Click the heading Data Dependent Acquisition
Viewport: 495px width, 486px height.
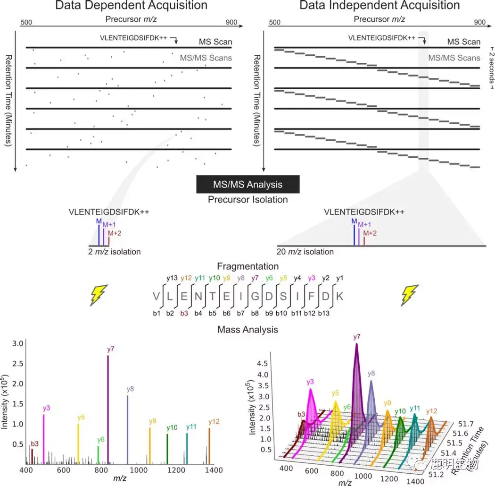coord(131,6)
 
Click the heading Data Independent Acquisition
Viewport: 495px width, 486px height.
coord(379,6)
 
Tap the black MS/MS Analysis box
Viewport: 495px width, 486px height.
coord(248,184)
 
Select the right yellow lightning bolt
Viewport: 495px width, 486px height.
coord(408,296)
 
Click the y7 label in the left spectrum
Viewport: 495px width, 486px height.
coord(111,349)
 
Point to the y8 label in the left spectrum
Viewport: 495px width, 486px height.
coord(131,389)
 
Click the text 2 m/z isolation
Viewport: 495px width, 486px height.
coord(114,252)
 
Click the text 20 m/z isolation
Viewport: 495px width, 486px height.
coord(305,252)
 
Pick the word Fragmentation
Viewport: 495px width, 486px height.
coord(247,267)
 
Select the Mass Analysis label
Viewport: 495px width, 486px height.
coord(247,330)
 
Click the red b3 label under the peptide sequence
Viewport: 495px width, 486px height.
coord(184,313)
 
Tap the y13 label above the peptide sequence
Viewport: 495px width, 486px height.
coord(172,278)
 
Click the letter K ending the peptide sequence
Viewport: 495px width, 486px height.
coord(340,296)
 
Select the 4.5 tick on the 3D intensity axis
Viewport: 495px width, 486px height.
coord(263,364)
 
